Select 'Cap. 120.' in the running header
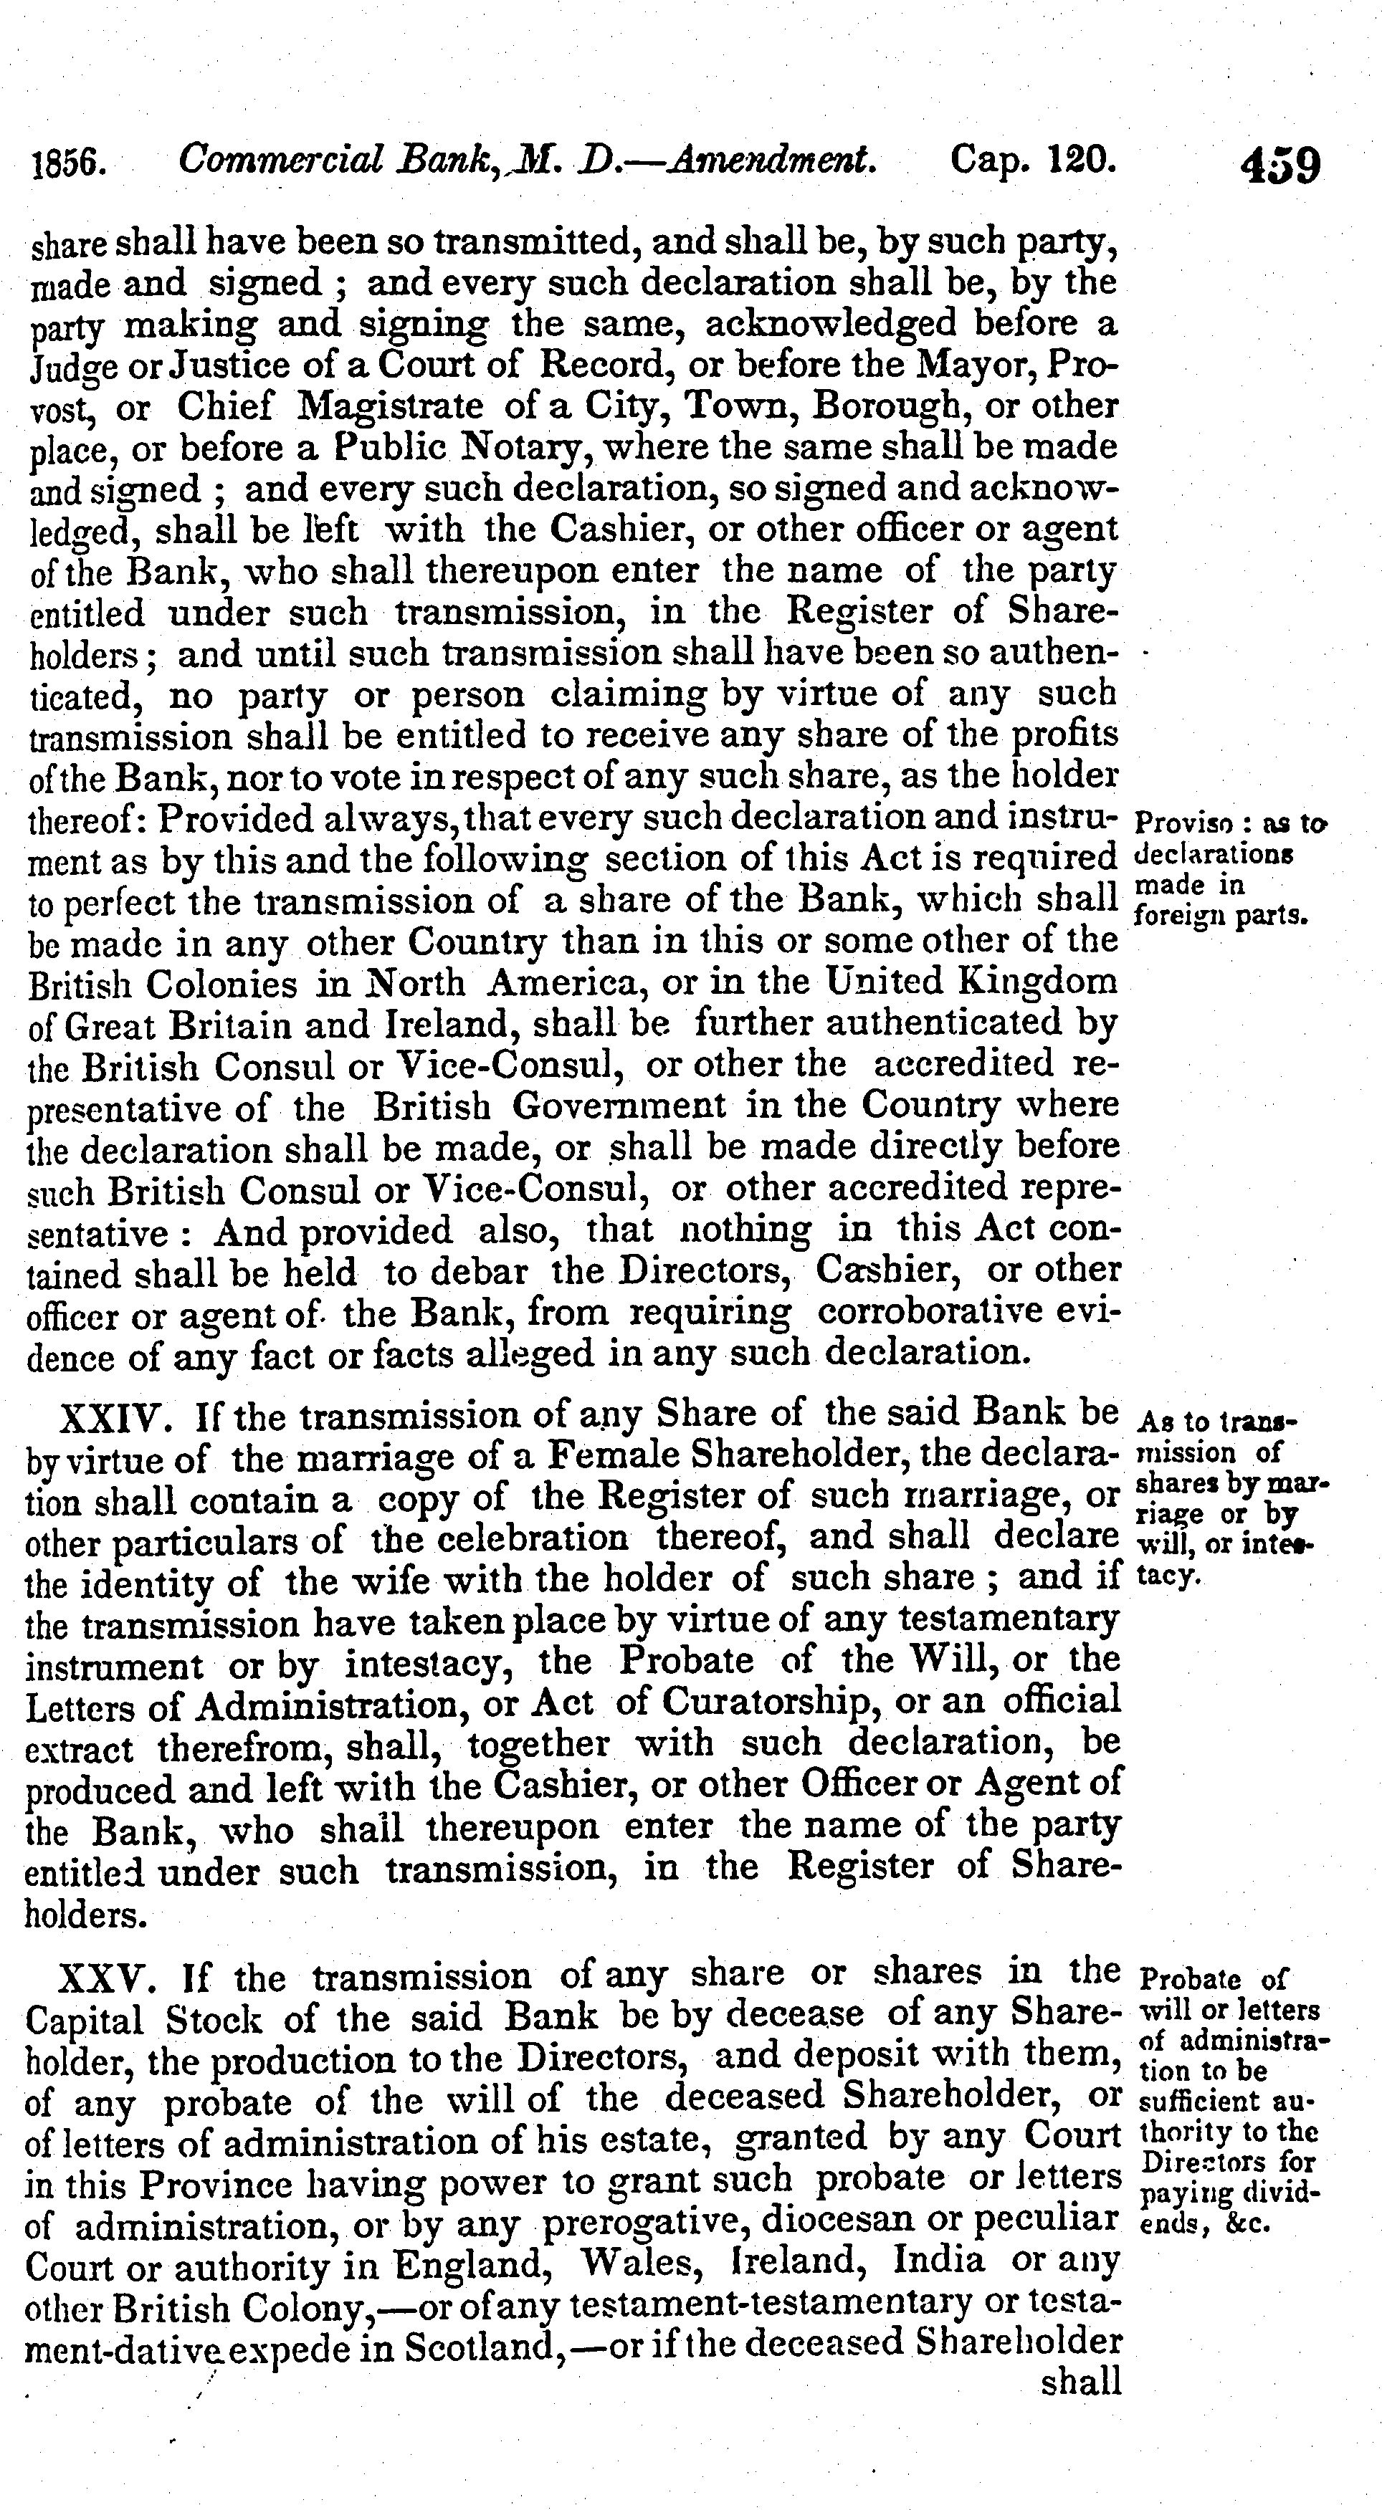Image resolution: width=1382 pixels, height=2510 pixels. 1032,159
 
